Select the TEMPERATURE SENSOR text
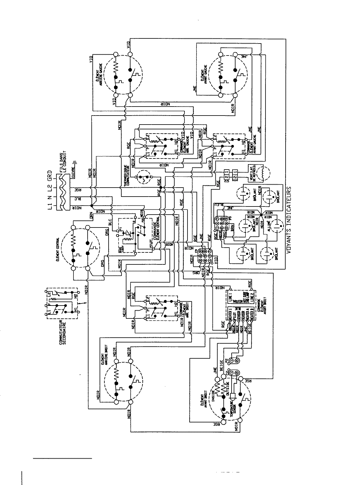coord(233,408)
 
